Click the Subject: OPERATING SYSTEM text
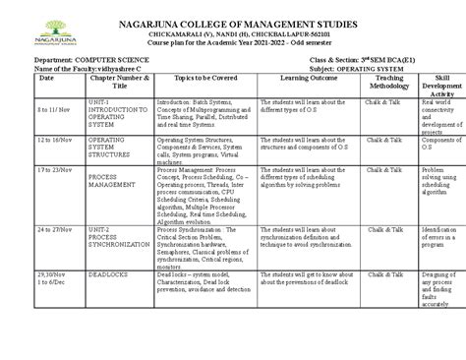coord(347,95)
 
